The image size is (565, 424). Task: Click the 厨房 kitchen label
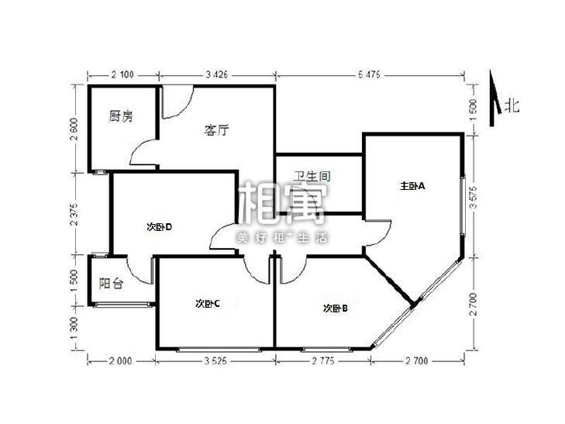pyautogui.click(x=121, y=117)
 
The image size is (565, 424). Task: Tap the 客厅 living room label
pyautogui.click(x=216, y=130)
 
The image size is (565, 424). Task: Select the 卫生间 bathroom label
pyautogui.click(x=312, y=177)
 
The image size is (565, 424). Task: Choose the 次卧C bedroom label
pyautogui.click(x=208, y=303)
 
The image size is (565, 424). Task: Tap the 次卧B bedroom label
pyautogui.click(x=335, y=308)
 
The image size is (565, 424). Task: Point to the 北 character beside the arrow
pyautogui.click(x=512, y=106)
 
